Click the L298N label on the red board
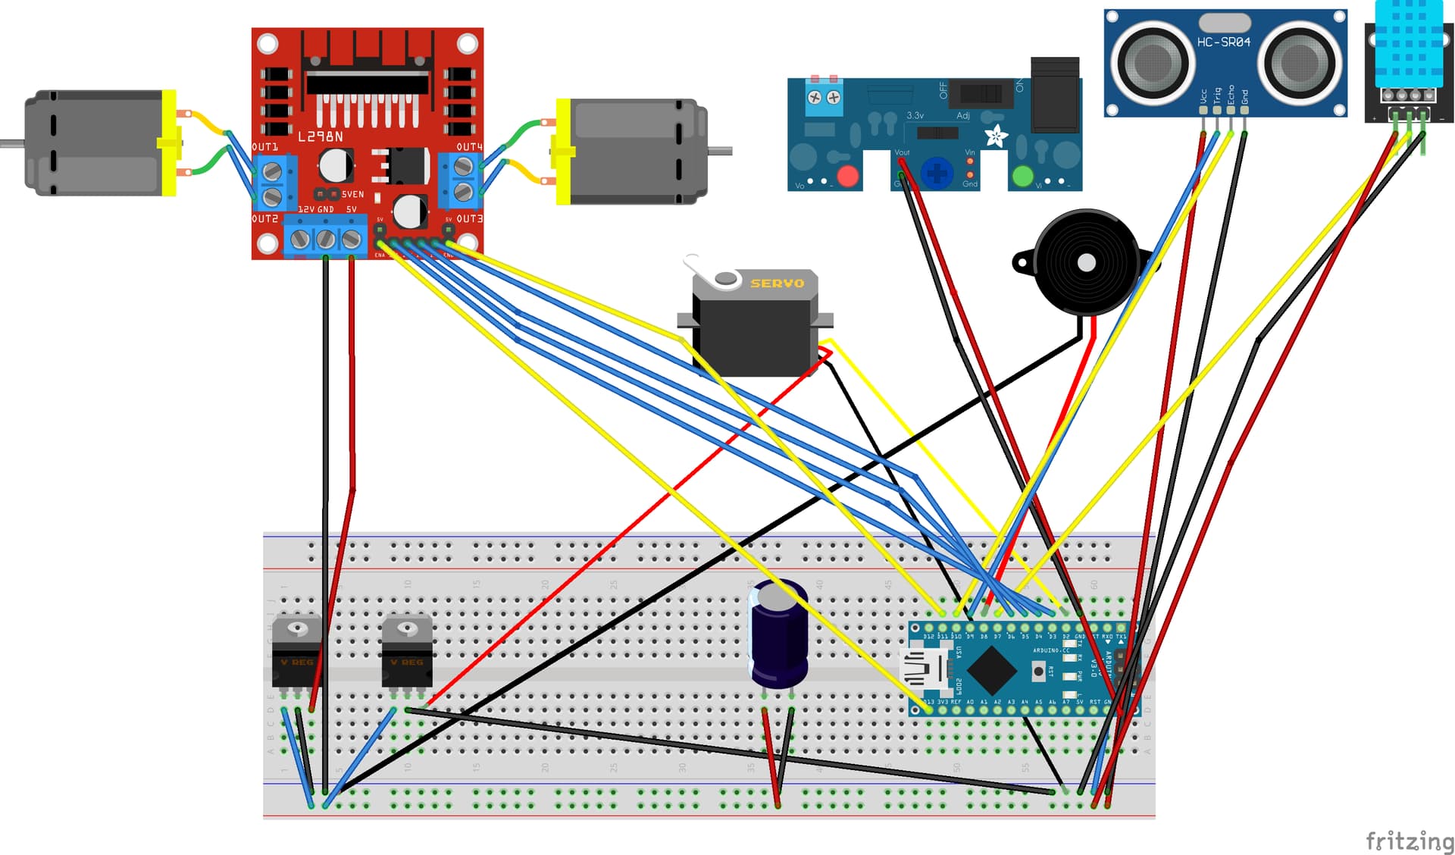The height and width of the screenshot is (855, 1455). (x=320, y=136)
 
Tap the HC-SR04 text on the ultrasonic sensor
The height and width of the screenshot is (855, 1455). (x=1223, y=42)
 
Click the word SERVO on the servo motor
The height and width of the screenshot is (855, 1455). (x=777, y=283)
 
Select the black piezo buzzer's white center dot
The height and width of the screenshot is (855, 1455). (x=1086, y=262)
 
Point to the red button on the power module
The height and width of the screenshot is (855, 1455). (x=847, y=176)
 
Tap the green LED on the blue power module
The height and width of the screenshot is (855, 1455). (x=1022, y=176)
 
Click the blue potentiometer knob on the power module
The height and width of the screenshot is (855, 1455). (x=937, y=174)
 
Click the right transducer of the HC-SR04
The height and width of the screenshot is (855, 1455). (x=1298, y=62)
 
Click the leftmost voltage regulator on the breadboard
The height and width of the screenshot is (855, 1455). (x=296, y=652)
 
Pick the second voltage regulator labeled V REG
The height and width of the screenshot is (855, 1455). (x=407, y=652)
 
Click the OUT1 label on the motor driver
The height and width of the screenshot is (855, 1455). (x=264, y=147)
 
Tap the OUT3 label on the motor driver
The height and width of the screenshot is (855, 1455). (x=469, y=218)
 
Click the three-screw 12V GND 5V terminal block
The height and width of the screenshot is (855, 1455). (x=326, y=239)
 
